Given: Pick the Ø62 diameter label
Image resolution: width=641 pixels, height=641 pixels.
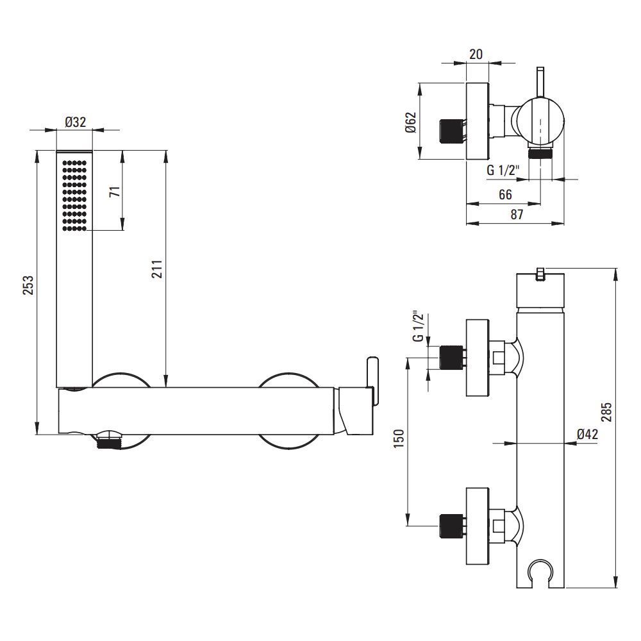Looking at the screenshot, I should (411, 121).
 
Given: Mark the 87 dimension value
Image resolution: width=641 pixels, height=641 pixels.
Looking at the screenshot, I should (516, 215).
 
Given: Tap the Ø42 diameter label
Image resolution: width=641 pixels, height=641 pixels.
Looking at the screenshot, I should (587, 433).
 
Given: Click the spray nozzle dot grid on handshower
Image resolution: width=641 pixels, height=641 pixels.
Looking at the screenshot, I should (75, 194).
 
